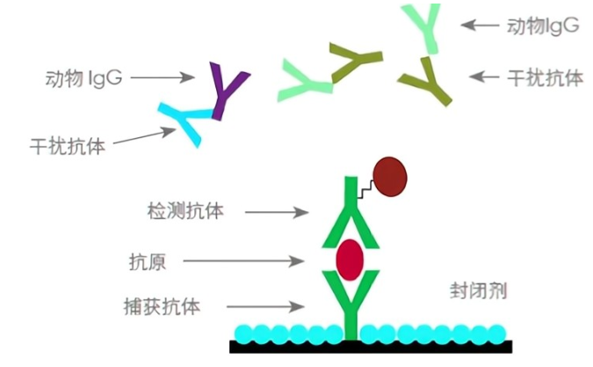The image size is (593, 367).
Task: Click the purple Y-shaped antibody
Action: pos(226,89)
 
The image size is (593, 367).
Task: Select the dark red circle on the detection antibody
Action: pos(390,176)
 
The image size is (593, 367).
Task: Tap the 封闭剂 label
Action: pos(477,290)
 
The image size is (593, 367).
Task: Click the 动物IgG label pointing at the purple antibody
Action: pos(83,77)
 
